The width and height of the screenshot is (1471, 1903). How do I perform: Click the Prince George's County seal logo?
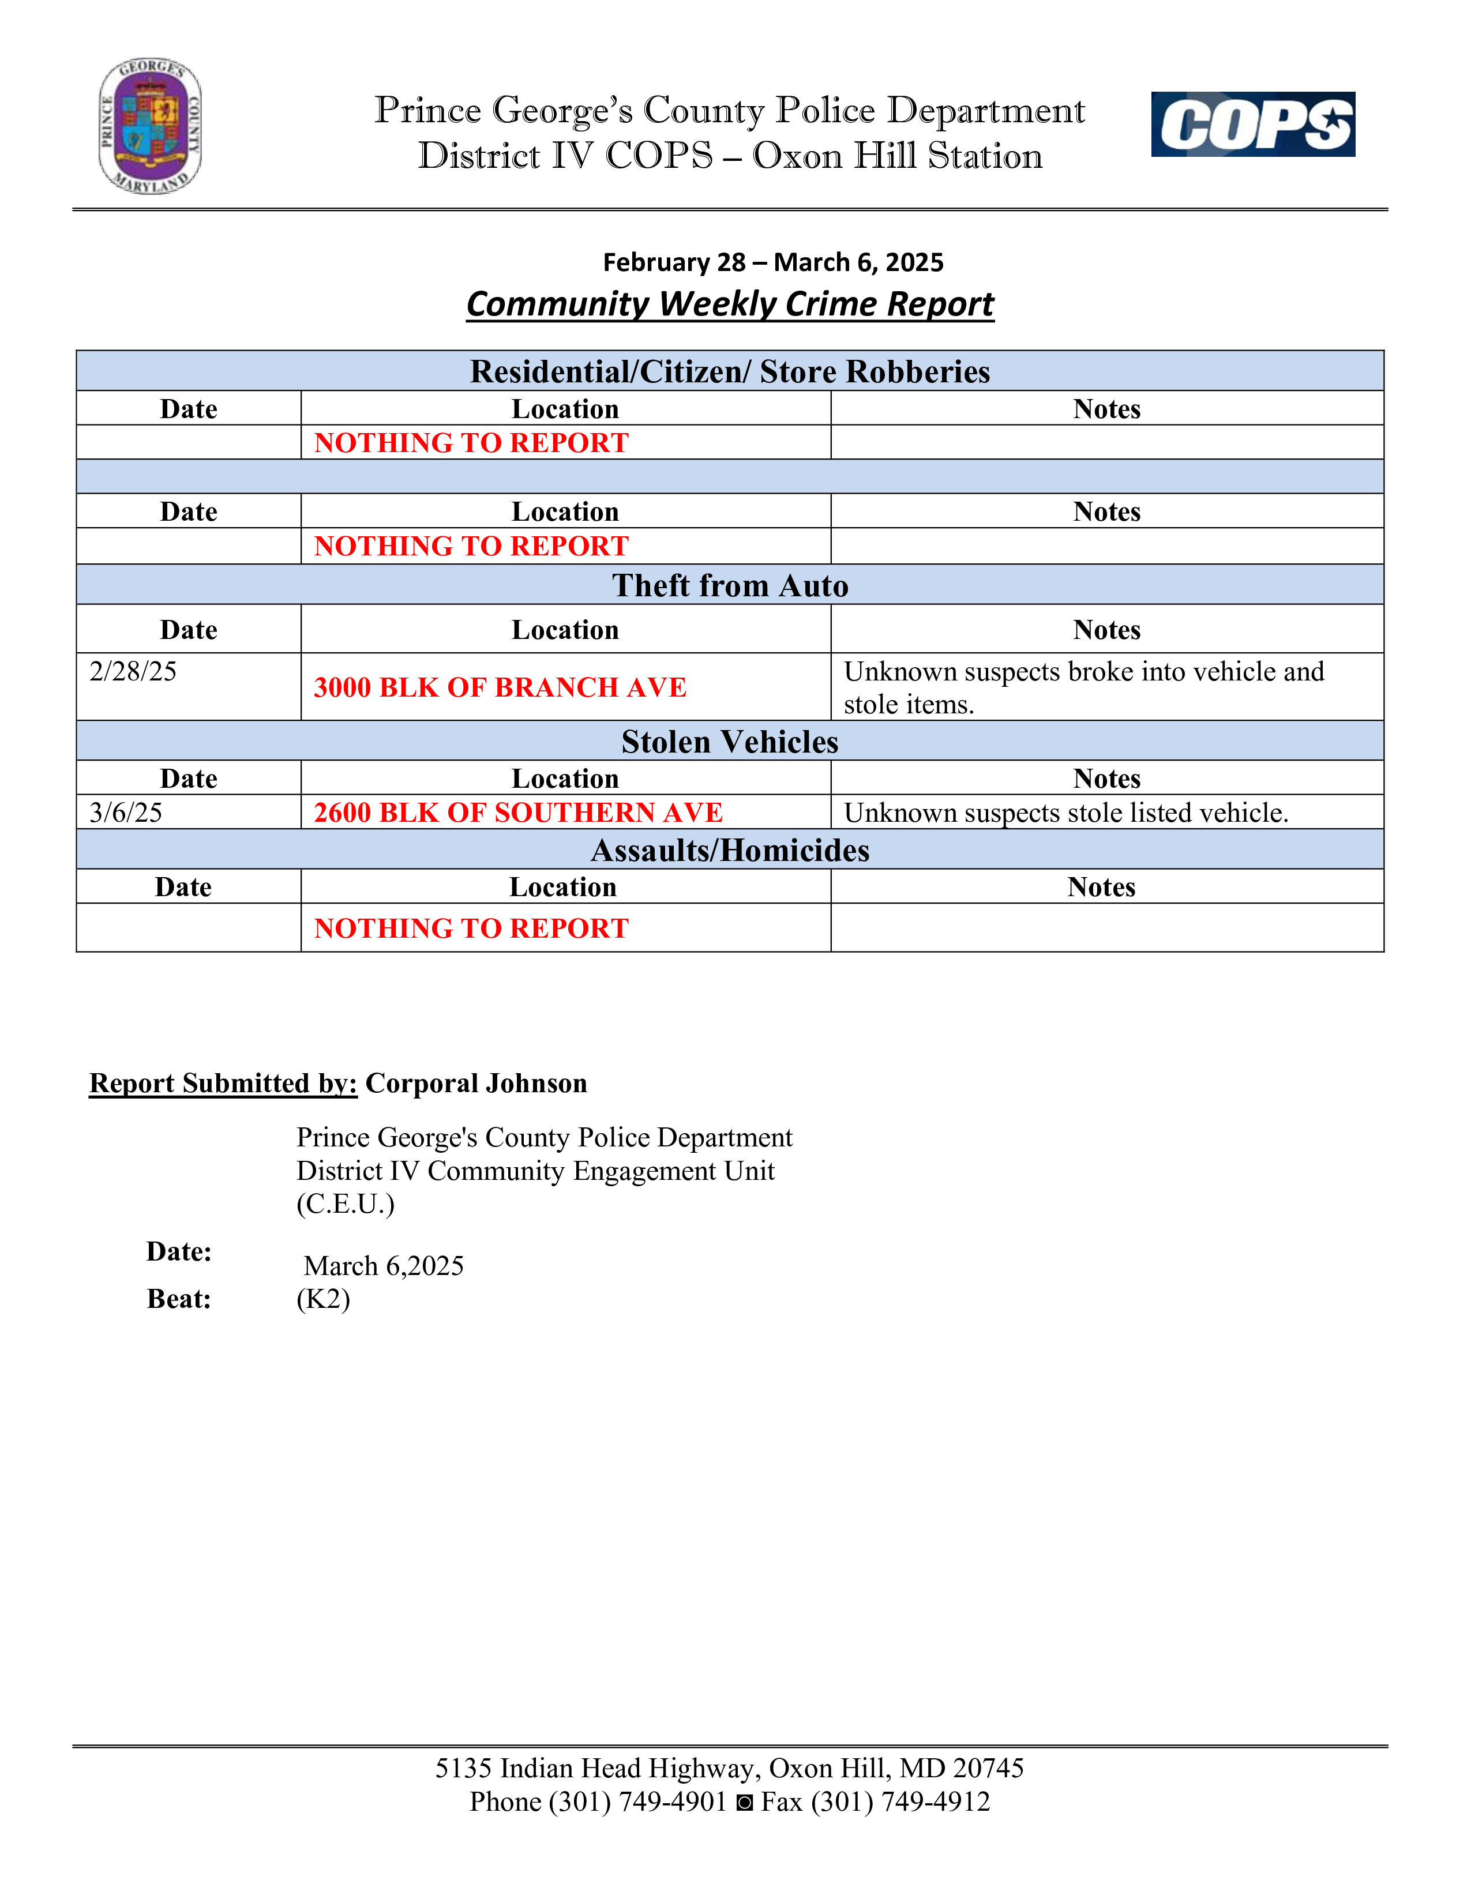[150, 126]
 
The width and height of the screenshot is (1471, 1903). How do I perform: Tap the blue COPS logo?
[1252, 125]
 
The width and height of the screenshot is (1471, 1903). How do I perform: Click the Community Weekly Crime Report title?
[729, 304]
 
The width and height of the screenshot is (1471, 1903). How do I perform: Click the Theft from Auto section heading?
[729, 585]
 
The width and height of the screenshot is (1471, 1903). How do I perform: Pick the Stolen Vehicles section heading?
[729, 742]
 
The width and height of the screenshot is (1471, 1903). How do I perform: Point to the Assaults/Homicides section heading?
[729, 851]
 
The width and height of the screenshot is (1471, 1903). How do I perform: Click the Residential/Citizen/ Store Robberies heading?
[729, 372]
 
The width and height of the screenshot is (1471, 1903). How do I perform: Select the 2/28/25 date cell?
[133, 672]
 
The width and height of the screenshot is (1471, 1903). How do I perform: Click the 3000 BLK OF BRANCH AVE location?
[500, 687]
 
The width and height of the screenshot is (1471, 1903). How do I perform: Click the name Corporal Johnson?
[476, 1083]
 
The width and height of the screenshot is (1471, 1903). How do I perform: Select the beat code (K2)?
[323, 1299]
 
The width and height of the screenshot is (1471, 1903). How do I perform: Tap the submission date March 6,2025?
[384, 1266]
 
